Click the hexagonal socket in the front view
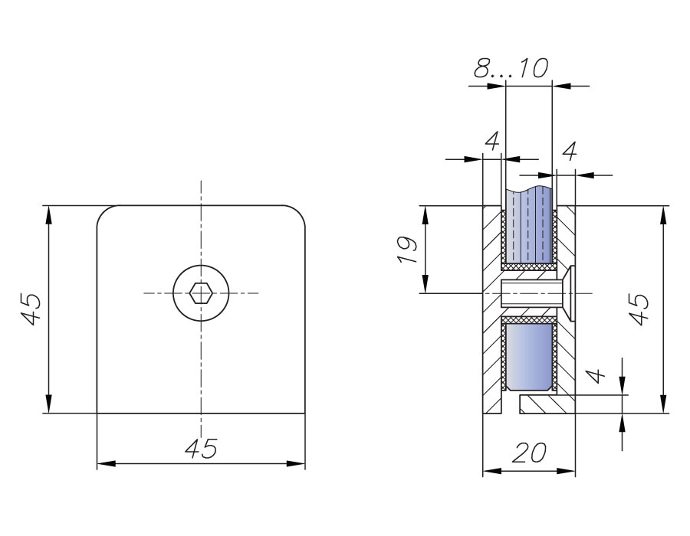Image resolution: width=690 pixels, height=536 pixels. click(x=201, y=293)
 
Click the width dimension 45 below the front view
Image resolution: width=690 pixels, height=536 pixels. click(x=201, y=449)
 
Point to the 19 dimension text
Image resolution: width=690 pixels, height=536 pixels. click(x=407, y=250)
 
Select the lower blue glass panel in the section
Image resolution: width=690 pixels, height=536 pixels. click(x=528, y=356)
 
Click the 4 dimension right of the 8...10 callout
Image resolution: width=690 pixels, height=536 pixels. click(x=569, y=152)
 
